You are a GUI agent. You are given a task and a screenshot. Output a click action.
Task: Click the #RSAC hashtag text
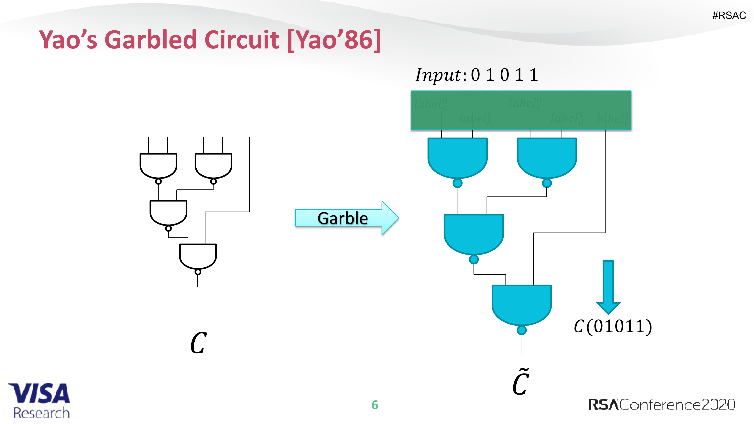point(729,15)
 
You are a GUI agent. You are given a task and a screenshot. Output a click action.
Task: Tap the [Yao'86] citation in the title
point(334,40)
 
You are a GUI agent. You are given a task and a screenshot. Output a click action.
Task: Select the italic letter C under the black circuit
point(198,343)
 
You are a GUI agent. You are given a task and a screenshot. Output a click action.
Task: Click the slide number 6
point(375,405)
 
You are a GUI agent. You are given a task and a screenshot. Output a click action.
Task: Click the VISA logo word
point(39,393)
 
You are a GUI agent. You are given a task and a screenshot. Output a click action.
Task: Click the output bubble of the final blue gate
point(522,330)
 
